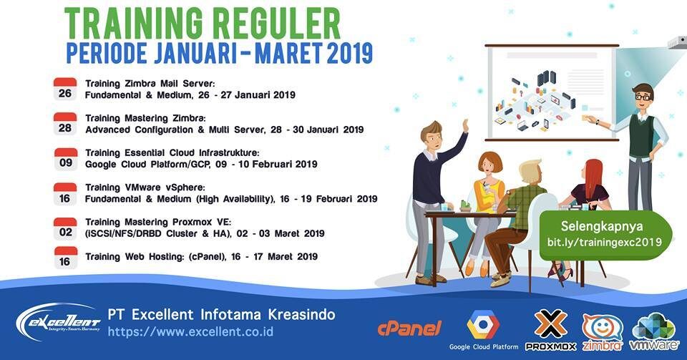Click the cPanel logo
point(409,327)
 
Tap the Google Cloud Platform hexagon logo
point(483,325)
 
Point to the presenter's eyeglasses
point(642,96)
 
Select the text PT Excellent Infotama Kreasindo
point(221,314)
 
